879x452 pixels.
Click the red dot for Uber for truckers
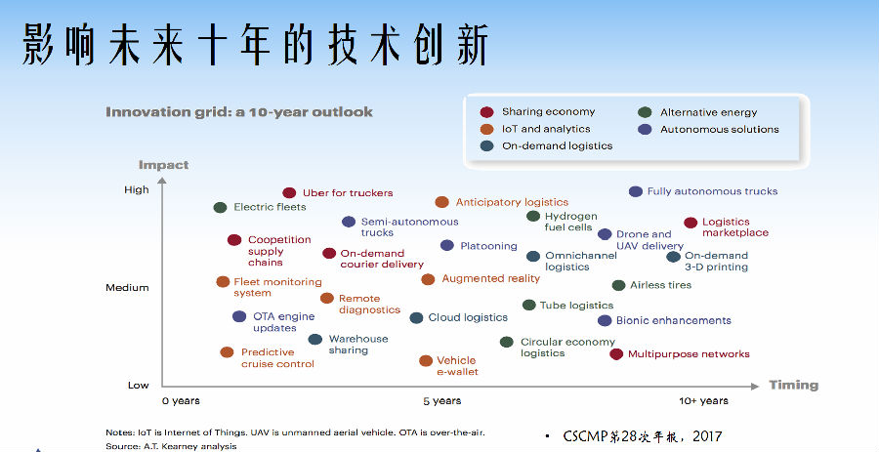(x=289, y=193)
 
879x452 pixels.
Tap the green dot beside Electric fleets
(x=221, y=207)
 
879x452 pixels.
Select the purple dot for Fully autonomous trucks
(x=635, y=191)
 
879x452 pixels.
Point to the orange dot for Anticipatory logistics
(x=441, y=202)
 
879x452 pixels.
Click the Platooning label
(x=489, y=246)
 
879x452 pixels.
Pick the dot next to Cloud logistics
(x=416, y=318)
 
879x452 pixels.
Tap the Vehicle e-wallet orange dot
(x=426, y=360)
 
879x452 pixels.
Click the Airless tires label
(x=660, y=285)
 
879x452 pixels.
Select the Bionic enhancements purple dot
(x=605, y=320)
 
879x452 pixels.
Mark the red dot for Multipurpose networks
(x=616, y=354)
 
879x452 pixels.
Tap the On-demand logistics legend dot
(x=486, y=146)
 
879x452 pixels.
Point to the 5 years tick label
(x=442, y=401)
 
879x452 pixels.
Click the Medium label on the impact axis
(x=127, y=288)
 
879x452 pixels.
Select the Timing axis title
(x=794, y=386)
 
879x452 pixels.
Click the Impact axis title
(x=164, y=165)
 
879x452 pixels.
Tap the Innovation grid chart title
(x=239, y=112)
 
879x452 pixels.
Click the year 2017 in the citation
(x=707, y=435)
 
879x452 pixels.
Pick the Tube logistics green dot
(x=529, y=305)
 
